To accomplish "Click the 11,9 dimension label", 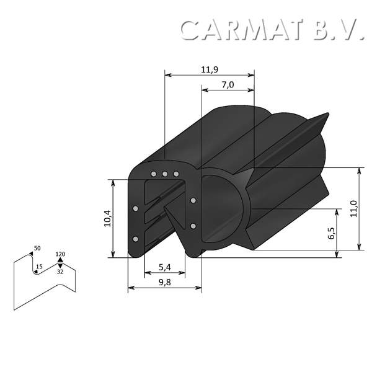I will [209, 69].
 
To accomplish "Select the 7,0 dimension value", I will [227, 85].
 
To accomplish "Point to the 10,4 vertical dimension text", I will [106, 219].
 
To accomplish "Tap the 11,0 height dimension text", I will [353, 208].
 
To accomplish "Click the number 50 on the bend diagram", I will [37, 249].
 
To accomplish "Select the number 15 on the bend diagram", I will [39, 267].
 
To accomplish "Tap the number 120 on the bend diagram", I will [60, 254].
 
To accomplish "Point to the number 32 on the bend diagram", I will [60, 272].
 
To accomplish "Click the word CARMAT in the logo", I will [244, 29].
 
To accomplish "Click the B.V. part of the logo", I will [338, 29].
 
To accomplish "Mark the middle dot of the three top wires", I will [165, 174].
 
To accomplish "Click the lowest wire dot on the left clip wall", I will [136, 239].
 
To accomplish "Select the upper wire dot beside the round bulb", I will [193, 200].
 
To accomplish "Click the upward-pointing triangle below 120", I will [60, 260].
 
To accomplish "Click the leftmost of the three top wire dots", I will [154, 174].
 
